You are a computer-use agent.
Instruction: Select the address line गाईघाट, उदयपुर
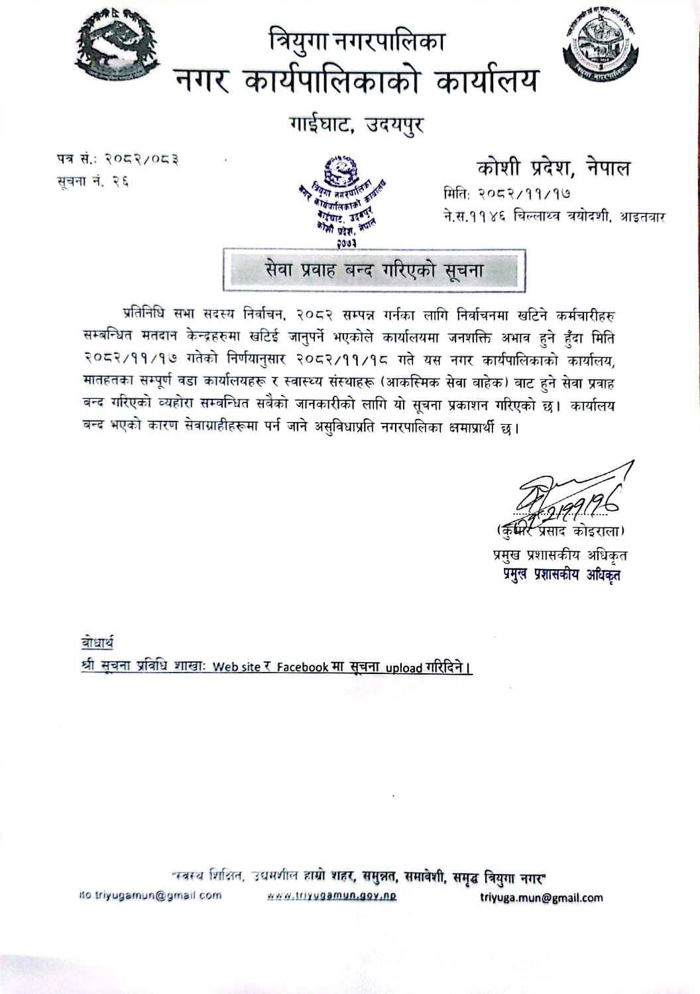(357, 123)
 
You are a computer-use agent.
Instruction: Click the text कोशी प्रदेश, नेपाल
(554, 168)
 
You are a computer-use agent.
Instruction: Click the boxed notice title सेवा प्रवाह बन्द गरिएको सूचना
(374, 270)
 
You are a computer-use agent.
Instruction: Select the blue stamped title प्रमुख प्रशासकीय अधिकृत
(561, 575)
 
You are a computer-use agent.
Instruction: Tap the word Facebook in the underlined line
(302, 667)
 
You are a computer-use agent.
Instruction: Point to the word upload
(404, 667)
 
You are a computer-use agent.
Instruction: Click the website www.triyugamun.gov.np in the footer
(331, 896)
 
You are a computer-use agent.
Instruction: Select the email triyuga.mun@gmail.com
(541, 897)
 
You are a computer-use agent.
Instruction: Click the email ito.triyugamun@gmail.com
(150, 895)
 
